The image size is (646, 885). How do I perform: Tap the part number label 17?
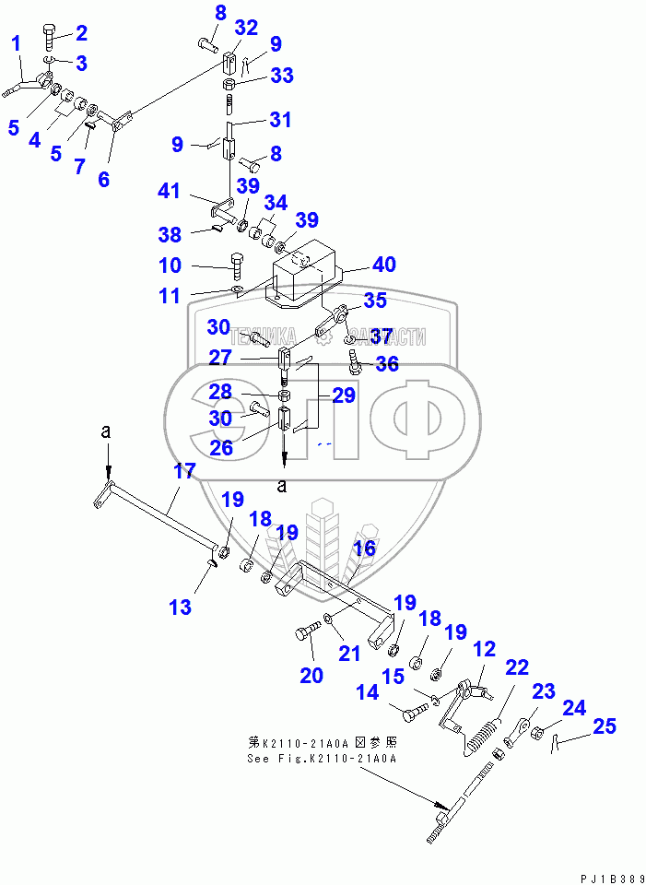pyautogui.click(x=185, y=471)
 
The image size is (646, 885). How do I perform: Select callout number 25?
pyautogui.click(x=604, y=727)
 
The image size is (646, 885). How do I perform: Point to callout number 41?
pyautogui.click(x=170, y=192)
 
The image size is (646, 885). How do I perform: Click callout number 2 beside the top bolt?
pyautogui.click(x=81, y=34)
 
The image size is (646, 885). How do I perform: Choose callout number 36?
pyautogui.click(x=386, y=364)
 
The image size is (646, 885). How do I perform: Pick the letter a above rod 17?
pyautogui.click(x=107, y=431)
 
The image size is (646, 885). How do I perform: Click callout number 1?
pyautogui.click(x=16, y=43)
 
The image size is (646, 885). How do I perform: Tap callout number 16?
pyautogui.click(x=365, y=549)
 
